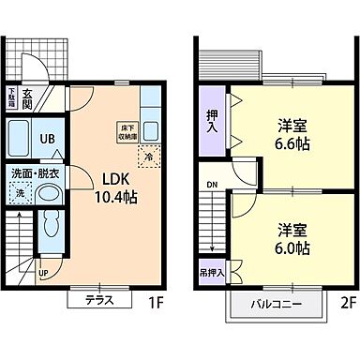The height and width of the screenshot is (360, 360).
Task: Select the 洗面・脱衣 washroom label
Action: tap(34, 173)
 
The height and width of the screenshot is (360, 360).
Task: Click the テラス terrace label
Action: tap(99, 301)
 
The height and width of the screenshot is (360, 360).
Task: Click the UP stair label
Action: tap(44, 274)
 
